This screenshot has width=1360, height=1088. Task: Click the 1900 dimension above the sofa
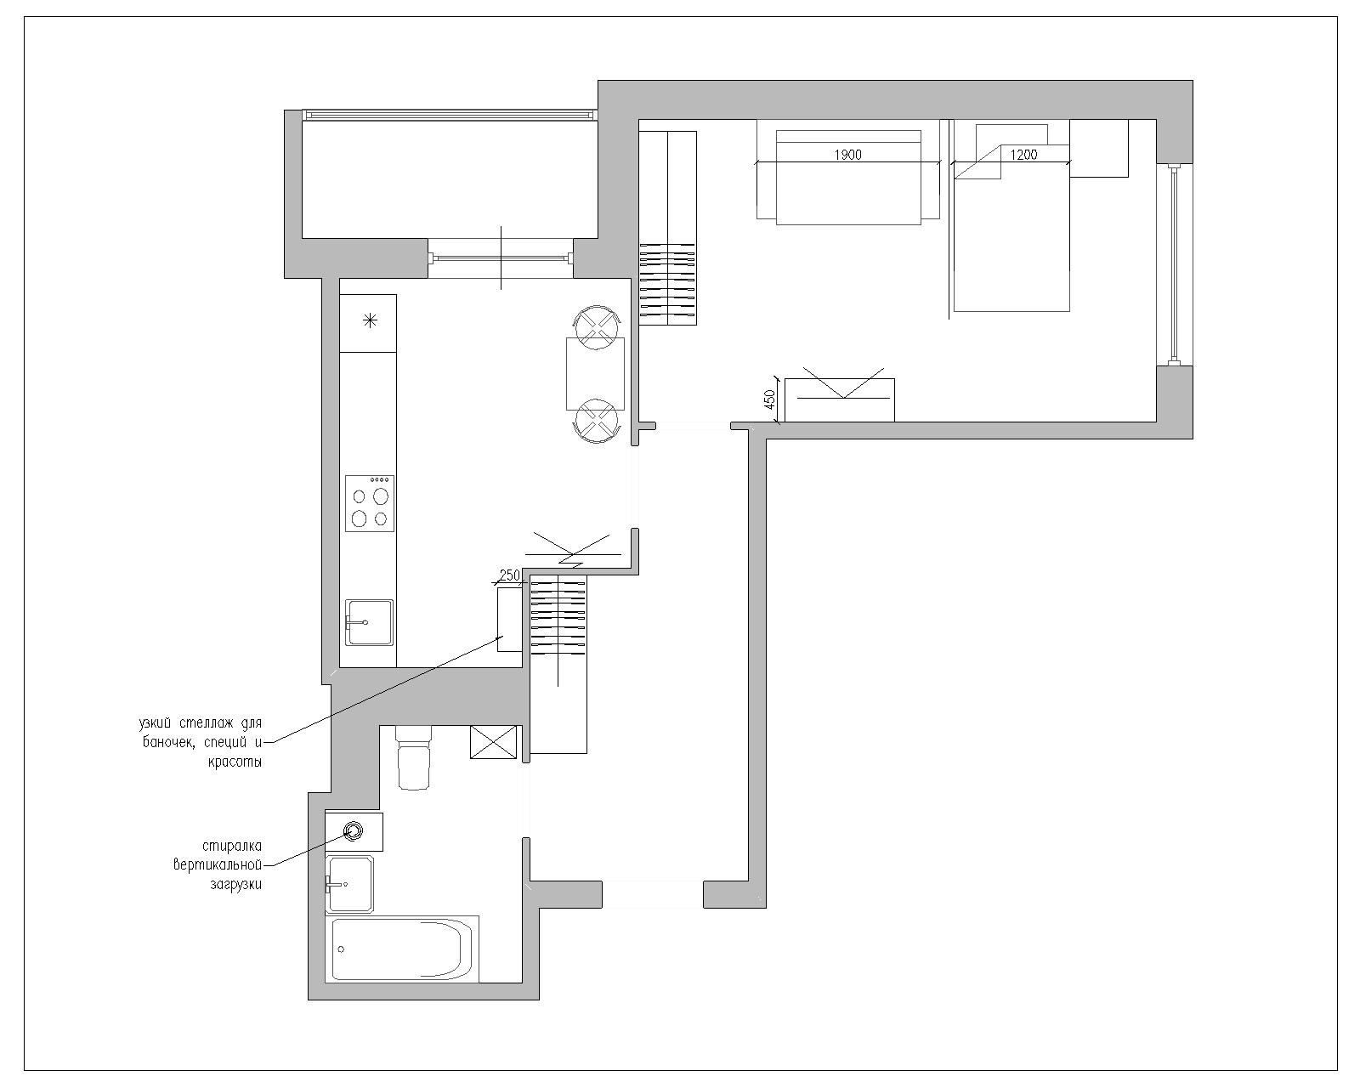[847, 155]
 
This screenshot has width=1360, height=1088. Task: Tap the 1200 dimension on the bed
[1023, 155]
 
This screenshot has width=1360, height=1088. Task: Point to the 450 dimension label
[770, 399]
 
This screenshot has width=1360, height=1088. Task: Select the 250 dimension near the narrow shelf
[509, 575]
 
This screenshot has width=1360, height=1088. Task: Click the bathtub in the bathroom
[402, 949]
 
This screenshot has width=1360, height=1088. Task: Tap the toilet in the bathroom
[414, 756]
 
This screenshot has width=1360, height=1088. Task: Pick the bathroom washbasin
[348, 884]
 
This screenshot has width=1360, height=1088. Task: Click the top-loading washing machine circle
[354, 830]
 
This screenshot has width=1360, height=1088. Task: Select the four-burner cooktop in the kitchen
[370, 503]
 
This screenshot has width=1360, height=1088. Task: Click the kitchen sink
[369, 623]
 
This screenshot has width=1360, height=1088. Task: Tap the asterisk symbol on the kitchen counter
[371, 320]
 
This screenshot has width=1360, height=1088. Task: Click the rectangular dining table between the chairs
[595, 374]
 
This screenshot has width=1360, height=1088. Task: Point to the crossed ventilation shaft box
[494, 742]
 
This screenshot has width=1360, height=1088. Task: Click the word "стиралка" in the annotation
[232, 846]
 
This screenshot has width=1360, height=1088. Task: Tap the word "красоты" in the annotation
[235, 762]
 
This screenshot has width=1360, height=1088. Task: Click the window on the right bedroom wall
[1174, 264]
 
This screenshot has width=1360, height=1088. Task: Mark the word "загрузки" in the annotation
[235, 885]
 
